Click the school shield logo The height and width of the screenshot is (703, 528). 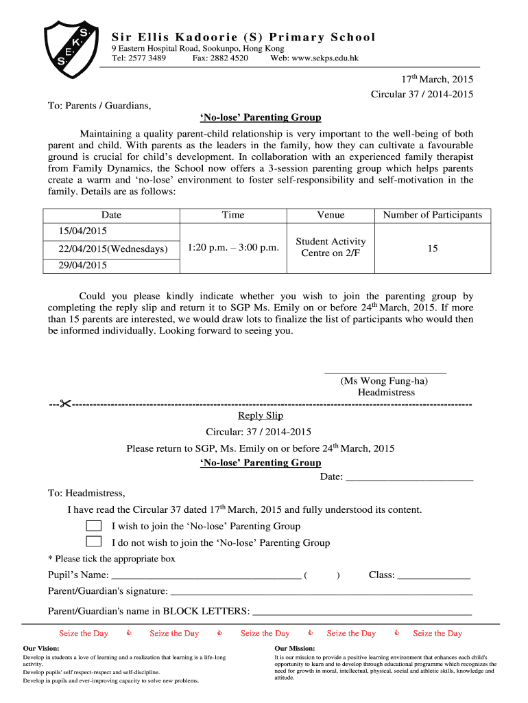pos(69,44)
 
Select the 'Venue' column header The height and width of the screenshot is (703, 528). pos(331,215)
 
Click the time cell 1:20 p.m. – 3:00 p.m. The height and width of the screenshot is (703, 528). pos(232,248)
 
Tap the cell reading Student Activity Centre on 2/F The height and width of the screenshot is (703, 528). pos(331,247)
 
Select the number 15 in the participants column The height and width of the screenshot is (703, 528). pos(432,249)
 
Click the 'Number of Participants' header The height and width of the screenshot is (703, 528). pos(432,215)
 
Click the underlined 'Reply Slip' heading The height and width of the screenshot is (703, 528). pos(260,415)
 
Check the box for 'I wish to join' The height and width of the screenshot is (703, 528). pos(93,526)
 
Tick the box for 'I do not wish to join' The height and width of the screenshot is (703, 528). pos(93,542)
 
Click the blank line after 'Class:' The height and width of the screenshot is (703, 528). pos(433,575)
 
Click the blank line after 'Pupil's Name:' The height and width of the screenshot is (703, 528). pos(205,575)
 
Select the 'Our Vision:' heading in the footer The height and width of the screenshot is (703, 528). pos(41,648)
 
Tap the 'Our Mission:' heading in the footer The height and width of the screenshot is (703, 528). pos(294,648)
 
